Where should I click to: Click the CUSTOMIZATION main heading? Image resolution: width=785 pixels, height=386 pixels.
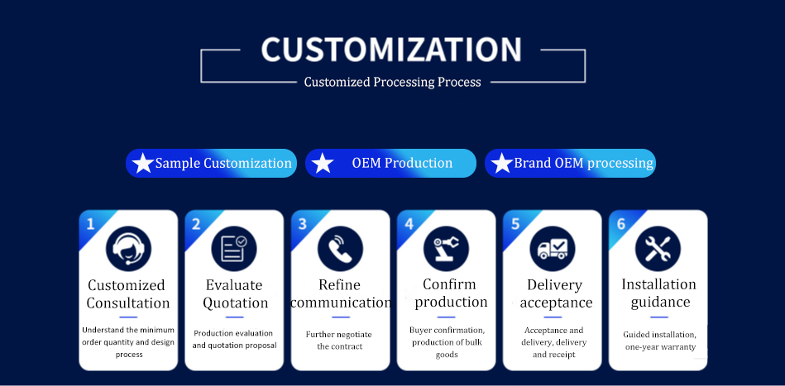(391, 50)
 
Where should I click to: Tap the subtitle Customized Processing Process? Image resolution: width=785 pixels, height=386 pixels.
(392, 82)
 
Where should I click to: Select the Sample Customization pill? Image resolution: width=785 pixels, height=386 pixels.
(211, 164)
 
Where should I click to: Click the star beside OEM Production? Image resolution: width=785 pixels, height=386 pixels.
(323, 164)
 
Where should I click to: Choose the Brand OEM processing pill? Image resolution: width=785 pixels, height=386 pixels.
(570, 164)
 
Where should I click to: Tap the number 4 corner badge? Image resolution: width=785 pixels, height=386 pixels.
(409, 224)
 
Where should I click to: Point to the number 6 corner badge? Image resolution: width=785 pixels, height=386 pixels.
(620, 224)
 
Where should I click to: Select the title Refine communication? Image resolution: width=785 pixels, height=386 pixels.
(341, 294)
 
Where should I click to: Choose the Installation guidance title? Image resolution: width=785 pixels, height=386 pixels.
(659, 293)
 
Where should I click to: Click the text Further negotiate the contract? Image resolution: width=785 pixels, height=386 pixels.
(339, 340)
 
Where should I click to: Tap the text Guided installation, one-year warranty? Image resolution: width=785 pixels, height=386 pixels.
(659, 341)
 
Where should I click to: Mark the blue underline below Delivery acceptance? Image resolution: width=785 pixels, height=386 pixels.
(552, 317)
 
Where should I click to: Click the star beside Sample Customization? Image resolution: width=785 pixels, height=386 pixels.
(143, 164)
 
